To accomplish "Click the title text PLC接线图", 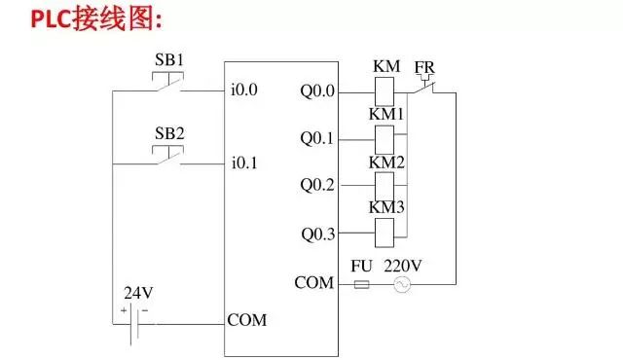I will (x=93, y=18).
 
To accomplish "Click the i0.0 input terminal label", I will (x=244, y=91).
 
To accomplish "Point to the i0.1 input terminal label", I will (x=244, y=163).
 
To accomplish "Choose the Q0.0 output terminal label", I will (x=317, y=91).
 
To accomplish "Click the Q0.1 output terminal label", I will (x=317, y=138).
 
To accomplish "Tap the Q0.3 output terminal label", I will (x=317, y=233).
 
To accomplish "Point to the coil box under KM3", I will (x=384, y=232).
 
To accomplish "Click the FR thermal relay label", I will (x=424, y=67).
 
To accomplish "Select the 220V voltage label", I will (x=402, y=264).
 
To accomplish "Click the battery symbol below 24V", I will (x=133, y=320).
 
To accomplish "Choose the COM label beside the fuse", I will (x=314, y=283).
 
